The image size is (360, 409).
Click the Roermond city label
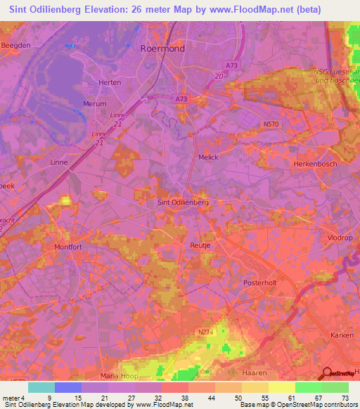163,49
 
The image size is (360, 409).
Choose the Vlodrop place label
340,238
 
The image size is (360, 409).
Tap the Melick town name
209,157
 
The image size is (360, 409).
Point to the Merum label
94,103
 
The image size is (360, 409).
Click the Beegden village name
15,44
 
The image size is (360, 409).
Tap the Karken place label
342,335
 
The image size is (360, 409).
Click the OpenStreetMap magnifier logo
326,373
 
